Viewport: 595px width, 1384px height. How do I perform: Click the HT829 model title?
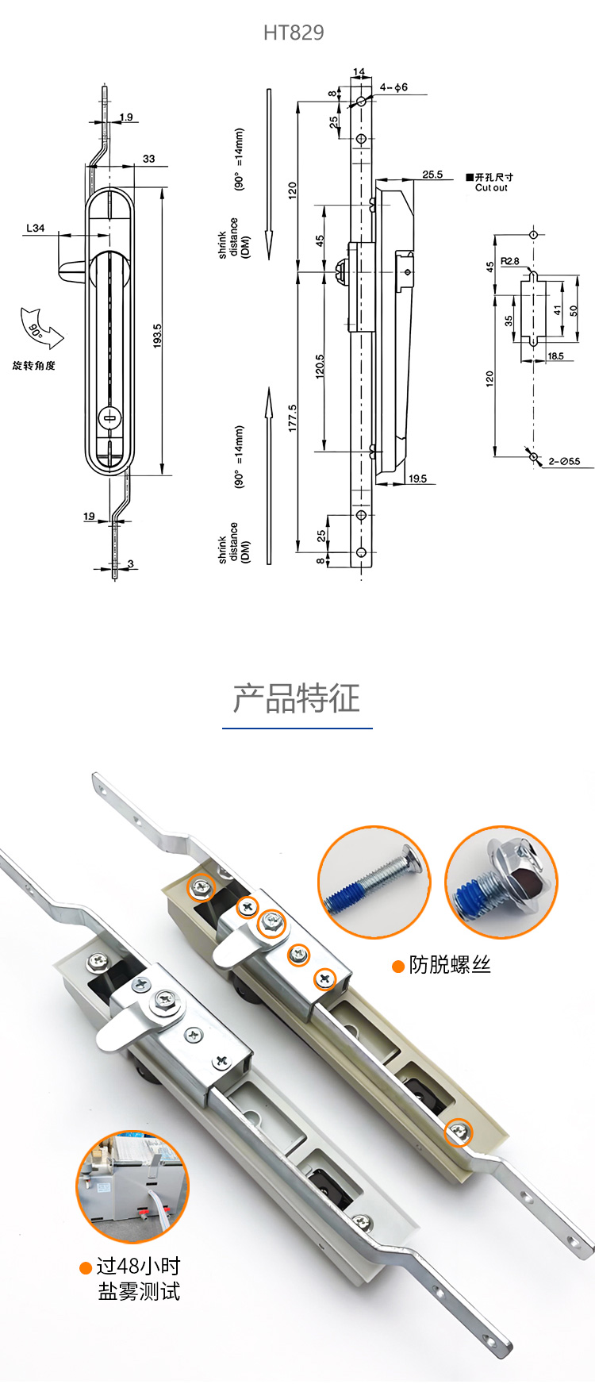(294, 33)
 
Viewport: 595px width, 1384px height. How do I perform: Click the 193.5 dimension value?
(158, 336)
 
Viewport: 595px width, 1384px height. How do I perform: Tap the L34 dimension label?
(36, 229)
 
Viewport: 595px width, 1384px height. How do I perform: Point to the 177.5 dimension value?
(293, 418)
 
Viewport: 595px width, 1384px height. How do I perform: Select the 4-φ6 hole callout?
(393, 87)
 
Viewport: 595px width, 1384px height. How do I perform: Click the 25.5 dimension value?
(432, 175)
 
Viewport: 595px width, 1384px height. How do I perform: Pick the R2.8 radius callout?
(510, 261)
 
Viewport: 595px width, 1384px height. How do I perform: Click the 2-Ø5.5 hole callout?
(564, 461)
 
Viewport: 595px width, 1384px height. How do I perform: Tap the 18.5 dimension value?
(555, 356)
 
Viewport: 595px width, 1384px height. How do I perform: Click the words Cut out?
(491, 188)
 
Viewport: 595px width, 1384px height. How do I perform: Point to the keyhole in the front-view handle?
(109, 417)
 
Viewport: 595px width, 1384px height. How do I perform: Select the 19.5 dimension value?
(418, 479)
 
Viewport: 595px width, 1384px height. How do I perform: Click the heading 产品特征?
(297, 698)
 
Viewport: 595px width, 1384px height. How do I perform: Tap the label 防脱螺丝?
(450, 965)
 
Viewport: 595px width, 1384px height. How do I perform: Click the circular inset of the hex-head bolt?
(501, 882)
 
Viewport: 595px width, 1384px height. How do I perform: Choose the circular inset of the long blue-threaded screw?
(374, 882)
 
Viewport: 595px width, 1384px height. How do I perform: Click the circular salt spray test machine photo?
(132, 1187)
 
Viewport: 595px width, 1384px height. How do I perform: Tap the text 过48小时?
(138, 1267)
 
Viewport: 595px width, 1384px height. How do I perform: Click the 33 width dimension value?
(149, 159)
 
